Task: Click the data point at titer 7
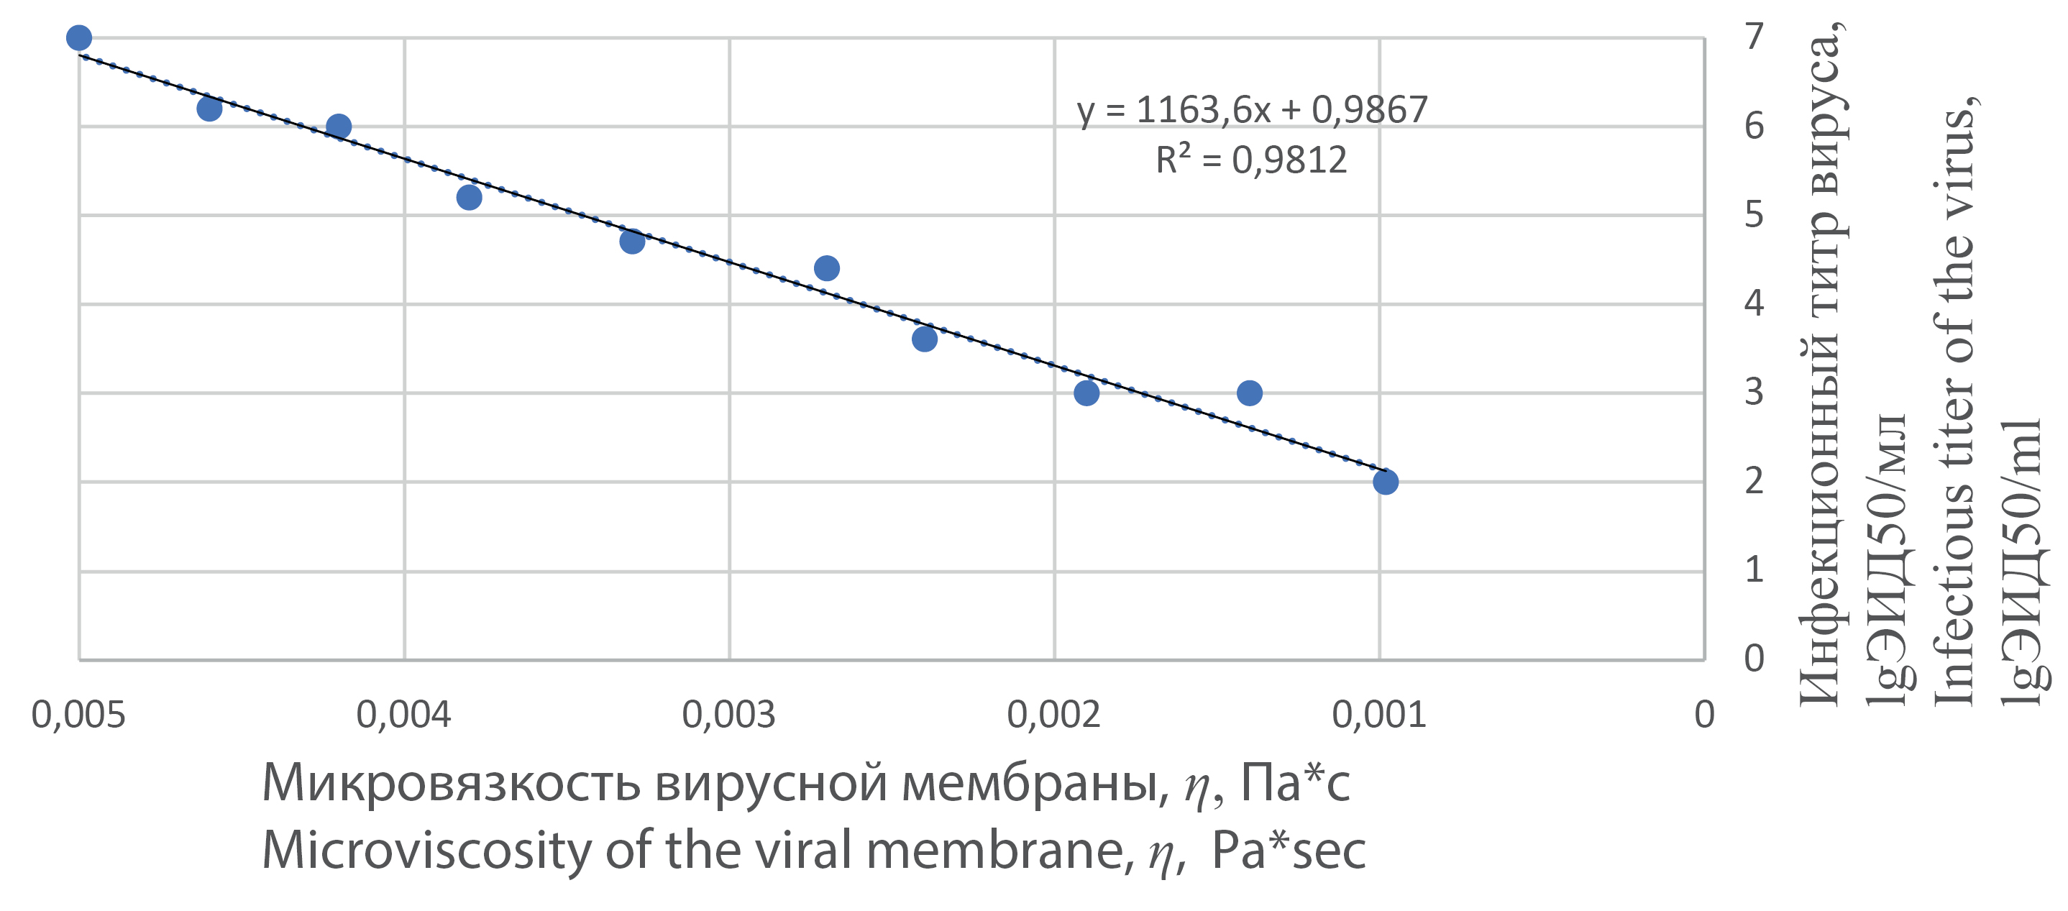coord(78,37)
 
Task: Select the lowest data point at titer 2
coord(1386,482)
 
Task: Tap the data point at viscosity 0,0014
coord(1249,393)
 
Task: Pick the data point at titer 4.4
coord(827,268)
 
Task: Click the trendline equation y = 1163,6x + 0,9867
coord(1253,110)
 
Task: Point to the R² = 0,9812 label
coord(1250,160)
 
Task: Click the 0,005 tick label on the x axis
coord(78,715)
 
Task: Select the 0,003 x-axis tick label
coord(729,715)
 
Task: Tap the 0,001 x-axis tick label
coord(1379,715)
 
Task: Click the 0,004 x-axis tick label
coord(404,715)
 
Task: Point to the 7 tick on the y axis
coord(1754,37)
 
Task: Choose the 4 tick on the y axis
coord(1754,303)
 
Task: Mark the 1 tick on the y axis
coord(1754,570)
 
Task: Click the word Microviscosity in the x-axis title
coord(426,851)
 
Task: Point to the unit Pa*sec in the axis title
coord(1289,851)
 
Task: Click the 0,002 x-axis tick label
coord(1054,715)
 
